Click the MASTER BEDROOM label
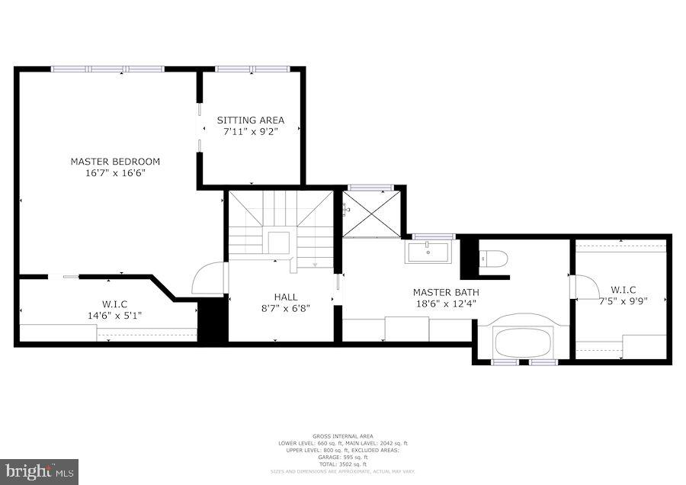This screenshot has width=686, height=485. tap(115, 161)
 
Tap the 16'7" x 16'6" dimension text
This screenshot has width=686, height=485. tap(115, 173)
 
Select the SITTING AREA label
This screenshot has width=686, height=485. tap(251, 120)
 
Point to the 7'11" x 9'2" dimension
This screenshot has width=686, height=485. tap(251, 132)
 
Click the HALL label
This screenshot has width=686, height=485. tap(286, 297)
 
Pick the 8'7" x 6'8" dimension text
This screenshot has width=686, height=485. tap(286, 309)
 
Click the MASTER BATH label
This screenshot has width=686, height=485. tap(446, 292)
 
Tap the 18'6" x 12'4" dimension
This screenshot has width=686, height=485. tap(446, 304)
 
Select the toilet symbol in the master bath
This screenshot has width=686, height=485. tap(494, 259)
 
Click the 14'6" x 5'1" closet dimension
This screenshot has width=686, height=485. tap(114, 315)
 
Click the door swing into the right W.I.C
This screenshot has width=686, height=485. tap(585, 287)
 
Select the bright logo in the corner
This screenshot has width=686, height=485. tap(40, 471)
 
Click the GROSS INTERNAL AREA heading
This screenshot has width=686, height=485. tap(342, 436)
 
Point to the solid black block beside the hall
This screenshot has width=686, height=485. tap(213, 321)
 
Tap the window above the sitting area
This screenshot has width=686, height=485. tap(250, 69)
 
